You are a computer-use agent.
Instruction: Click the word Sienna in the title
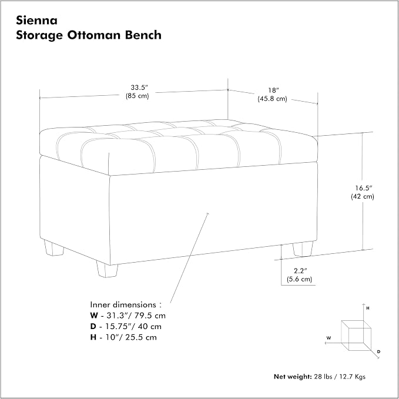36,21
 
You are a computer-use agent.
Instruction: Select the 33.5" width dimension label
139,88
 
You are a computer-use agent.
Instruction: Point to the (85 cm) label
137,96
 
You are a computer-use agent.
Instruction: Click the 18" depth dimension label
274,90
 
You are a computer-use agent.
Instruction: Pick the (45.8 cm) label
272,99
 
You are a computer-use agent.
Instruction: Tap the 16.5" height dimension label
364,188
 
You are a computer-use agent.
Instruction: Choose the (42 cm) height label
363,196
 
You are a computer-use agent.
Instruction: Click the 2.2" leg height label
301,271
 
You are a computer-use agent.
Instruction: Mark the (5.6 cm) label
300,279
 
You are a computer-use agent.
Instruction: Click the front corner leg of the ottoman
107,270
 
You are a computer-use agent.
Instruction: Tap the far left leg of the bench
53,247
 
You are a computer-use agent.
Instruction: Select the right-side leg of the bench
303,249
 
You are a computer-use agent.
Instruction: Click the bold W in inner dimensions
94,316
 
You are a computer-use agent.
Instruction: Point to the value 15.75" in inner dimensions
117,327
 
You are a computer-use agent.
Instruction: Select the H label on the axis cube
368,308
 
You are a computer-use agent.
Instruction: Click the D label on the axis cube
378,351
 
